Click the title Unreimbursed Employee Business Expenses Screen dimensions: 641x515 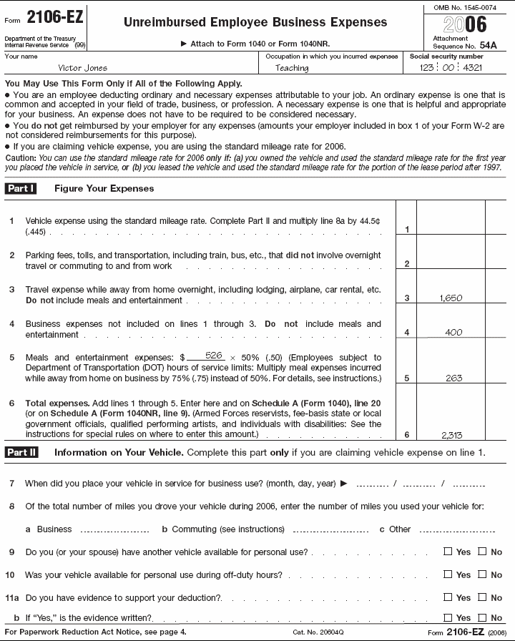255,22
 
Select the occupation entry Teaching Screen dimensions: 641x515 292,68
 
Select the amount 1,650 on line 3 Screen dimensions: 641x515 451,298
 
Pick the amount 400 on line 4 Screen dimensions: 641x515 453,332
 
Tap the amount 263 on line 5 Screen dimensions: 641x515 453,378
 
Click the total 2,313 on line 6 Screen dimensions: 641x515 451,434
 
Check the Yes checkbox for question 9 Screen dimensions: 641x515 448,552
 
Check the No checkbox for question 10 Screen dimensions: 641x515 482,574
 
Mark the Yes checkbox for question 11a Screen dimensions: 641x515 448,597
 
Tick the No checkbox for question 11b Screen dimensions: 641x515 482,617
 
